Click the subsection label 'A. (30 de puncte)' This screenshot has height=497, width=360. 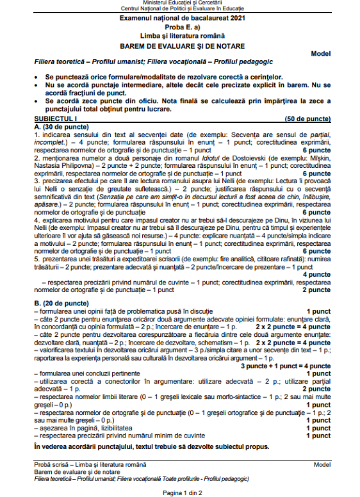pyautogui.click(x=60, y=127)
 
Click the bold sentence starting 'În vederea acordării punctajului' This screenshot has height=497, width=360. pyautogui.click(x=152, y=446)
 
